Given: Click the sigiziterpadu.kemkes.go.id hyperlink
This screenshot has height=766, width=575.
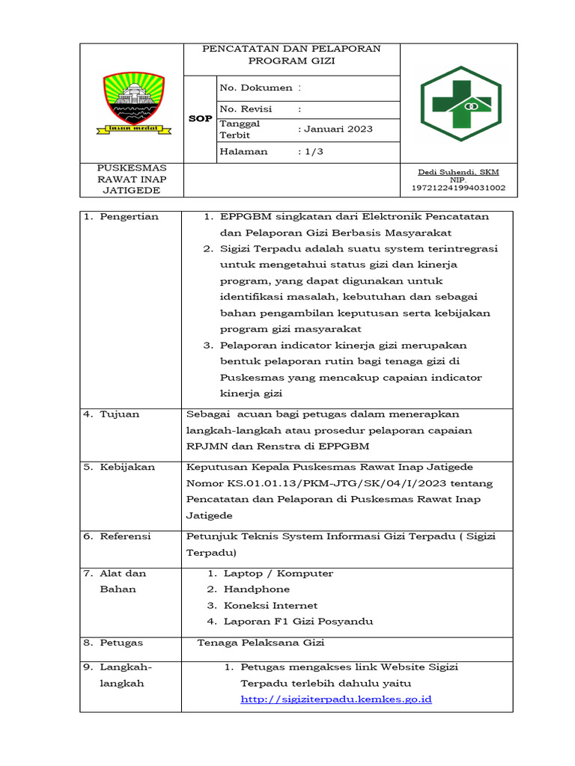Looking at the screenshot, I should (x=336, y=699).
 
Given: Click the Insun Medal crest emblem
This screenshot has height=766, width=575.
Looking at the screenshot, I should (x=132, y=104).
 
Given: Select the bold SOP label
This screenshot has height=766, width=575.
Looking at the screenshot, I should (x=200, y=119).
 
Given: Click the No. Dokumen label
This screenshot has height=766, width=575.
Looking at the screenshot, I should (x=256, y=88).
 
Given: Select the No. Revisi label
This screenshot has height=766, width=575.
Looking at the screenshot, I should (x=246, y=109).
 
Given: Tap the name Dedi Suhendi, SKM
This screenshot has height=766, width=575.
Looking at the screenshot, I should (x=458, y=172).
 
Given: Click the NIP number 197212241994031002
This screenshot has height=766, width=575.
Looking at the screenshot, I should (x=458, y=188).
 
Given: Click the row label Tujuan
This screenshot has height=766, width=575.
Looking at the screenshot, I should (x=120, y=414).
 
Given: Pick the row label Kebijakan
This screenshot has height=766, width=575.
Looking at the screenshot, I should (x=127, y=467).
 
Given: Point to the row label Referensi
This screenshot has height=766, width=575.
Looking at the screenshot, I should (x=126, y=536).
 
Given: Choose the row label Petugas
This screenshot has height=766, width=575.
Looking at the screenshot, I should (x=121, y=643).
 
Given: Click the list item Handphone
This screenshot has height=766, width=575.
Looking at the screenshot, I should (x=257, y=589).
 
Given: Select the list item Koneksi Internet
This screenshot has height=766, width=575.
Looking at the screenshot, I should (x=270, y=605).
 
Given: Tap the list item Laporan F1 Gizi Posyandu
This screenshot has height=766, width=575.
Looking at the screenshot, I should (x=298, y=622).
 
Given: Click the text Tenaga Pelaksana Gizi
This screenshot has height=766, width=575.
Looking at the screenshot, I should (x=261, y=643).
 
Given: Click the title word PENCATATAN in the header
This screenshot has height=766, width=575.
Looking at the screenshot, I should (x=239, y=49).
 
